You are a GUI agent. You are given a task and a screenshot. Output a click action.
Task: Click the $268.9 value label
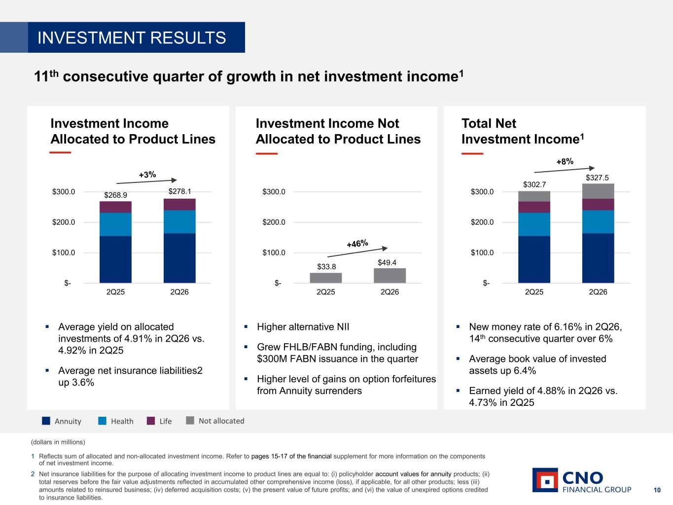tap(115, 195)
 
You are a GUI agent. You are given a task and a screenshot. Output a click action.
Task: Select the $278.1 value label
tap(179, 191)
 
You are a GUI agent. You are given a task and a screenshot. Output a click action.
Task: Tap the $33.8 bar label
tap(326, 266)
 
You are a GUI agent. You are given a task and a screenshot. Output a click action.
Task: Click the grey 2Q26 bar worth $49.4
tap(390, 275)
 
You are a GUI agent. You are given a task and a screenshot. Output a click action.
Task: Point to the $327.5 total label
tap(597, 178)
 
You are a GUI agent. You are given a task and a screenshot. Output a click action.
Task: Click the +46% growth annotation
tap(357, 244)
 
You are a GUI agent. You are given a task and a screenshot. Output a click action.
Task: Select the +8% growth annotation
tap(565, 161)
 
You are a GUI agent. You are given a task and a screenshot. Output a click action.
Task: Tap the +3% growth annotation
tap(147, 175)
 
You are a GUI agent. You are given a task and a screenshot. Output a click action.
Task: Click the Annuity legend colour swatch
tap(46, 421)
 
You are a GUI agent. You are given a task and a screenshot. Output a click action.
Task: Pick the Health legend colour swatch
tap(102, 421)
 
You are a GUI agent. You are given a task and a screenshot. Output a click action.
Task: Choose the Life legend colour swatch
tap(151, 421)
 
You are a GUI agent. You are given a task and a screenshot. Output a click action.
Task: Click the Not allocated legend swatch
tap(190, 420)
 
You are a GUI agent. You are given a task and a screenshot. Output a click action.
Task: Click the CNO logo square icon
tap(545, 480)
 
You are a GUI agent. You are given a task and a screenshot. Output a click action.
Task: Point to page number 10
tap(657, 490)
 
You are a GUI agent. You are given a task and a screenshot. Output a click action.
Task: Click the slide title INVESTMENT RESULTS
tap(132, 37)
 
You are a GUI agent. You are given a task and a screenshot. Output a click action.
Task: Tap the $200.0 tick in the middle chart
tap(274, 222)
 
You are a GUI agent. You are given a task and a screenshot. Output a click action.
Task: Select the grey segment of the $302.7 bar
tap(534, 196)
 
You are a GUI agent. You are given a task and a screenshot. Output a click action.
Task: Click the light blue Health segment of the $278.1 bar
tap(179, 222)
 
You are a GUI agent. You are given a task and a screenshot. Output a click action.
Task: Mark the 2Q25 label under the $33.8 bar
tap(325, 292)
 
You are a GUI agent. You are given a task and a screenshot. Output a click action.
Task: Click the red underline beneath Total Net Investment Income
tap(472, 153)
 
